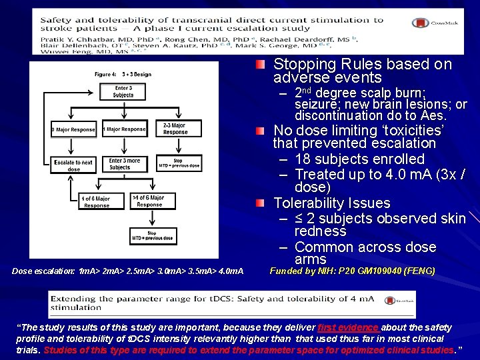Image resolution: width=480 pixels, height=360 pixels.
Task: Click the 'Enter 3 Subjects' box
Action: point(123,92)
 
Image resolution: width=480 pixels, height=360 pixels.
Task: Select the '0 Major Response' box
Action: point(73,129)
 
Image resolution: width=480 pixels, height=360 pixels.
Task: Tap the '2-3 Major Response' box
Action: point(175,129)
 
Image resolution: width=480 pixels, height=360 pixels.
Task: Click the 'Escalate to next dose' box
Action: point(73,165)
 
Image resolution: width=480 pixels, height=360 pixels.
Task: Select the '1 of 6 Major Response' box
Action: point(96,202)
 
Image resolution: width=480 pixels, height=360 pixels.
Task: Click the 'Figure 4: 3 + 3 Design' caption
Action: point(123,75)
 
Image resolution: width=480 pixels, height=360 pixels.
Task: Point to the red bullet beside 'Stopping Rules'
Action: point(261,65)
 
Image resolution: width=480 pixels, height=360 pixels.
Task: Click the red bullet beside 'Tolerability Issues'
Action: point(261,203)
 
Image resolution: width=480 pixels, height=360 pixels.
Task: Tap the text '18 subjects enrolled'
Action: point(359,159)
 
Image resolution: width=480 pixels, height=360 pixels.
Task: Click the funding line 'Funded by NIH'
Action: point(352,271)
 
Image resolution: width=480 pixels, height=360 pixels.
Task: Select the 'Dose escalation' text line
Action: point(127,271)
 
